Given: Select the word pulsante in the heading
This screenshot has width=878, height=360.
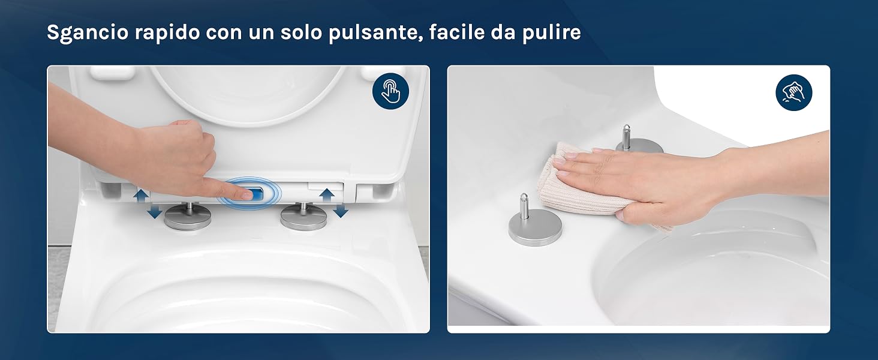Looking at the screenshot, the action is click(x=375, y=32).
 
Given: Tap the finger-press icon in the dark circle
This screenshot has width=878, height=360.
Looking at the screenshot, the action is click(x=390, y=91).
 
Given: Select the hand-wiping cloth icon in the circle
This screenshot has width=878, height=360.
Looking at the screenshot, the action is click(x=793, y=92).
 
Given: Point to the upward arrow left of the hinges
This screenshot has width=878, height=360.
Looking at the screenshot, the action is click(x=141, y=195).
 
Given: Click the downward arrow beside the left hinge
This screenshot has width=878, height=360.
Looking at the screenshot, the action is click(x=155, y=211).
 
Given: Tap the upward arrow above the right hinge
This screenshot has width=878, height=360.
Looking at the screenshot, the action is click(x=326, y=195).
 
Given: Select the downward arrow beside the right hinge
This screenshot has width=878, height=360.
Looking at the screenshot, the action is click(x=341, y=211).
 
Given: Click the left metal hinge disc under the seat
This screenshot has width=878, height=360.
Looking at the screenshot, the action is click(x=188, y=218).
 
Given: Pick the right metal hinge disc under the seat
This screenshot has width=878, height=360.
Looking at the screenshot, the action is click(x=304, y=218).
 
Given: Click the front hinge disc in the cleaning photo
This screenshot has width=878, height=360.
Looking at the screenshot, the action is click(x=536, y=227).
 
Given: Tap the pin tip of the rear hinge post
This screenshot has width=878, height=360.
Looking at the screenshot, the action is click(x=626, y=128).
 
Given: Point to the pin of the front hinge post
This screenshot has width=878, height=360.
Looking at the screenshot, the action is click(x=524, y=206).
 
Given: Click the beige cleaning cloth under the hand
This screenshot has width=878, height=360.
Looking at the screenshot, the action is click(x=588, y=184).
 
